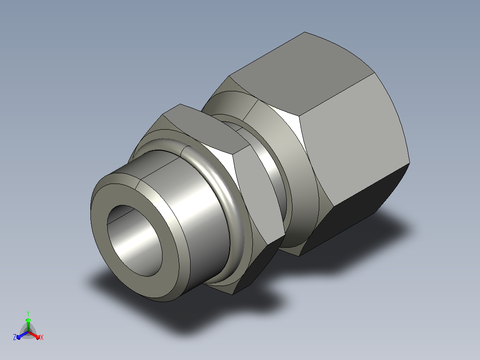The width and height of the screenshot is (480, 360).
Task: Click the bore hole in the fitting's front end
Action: [134, 241]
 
